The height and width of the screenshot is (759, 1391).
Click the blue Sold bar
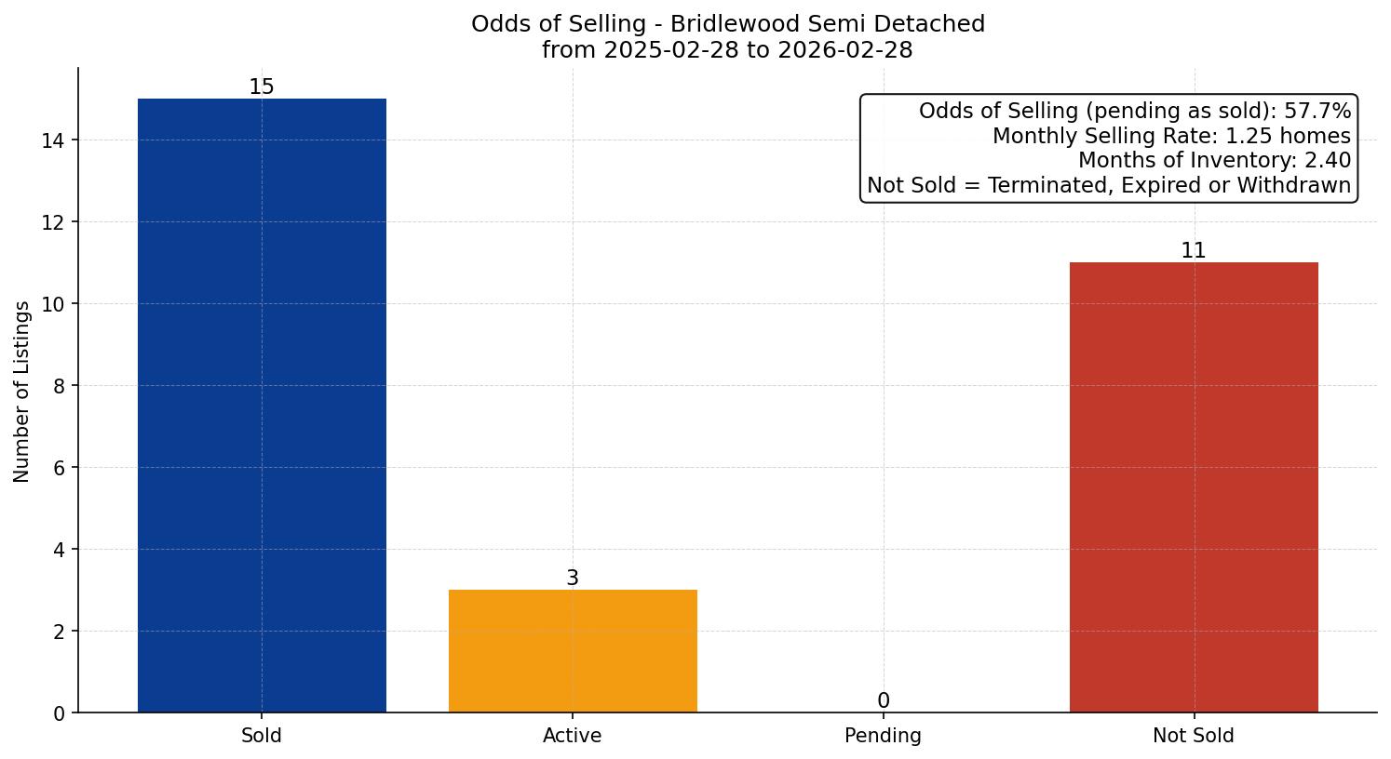[262, 406]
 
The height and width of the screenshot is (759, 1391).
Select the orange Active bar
[573, 651]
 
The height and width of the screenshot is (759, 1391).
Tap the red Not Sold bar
[1194, 487]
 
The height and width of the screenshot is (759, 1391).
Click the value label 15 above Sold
[262, 87]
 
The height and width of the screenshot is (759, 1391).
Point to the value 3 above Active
[573, 578]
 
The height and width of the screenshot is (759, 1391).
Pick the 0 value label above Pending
[884, 700]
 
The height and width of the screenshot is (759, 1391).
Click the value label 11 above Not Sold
[1194, 250]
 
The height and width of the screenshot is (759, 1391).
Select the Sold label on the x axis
[262, 736]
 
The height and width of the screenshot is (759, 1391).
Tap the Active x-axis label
[573, 736]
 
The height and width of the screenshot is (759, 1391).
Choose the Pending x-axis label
[884, 736]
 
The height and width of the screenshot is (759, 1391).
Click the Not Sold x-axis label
[1194, 736]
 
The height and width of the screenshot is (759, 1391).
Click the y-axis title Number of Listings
[22, 391]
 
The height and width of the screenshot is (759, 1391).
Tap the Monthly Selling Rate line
[1171, 136]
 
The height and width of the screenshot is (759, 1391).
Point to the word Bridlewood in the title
[732, 24]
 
